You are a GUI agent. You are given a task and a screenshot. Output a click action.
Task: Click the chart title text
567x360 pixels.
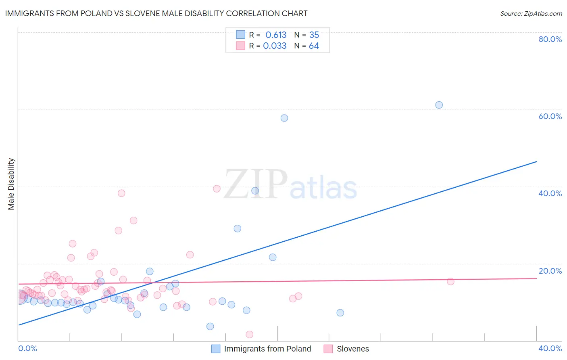(x=156, y=13)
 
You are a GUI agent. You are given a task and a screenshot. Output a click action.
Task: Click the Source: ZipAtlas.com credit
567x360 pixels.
(x=531, y=13)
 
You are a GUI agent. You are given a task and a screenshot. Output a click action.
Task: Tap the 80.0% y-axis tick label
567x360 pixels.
(x=550, y=39)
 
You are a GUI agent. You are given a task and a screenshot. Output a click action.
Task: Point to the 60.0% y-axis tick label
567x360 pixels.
(x=550, y=116)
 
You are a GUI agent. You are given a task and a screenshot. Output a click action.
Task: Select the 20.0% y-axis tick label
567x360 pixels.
(x=550, y=271)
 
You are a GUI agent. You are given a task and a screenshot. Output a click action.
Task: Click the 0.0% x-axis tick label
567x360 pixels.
(x=27, y=348)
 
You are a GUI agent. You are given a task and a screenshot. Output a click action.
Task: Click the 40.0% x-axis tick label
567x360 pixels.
(x=550, y=348)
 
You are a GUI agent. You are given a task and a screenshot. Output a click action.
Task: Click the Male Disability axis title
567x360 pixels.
(x=11, y=184)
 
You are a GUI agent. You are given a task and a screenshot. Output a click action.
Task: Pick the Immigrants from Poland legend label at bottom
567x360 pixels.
(x=267, y=349)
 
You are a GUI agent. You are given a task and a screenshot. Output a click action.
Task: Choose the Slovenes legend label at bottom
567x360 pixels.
(x=353, y=349)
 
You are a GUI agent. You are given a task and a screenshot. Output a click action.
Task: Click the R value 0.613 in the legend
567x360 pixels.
(x=276, y=35)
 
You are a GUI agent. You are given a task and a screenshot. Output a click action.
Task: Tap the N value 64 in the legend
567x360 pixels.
(x=314, y=46)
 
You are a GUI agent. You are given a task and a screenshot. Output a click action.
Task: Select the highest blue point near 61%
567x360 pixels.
(x=439, y=105)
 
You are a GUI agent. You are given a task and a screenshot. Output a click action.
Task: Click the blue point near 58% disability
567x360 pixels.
(x=284, y=118)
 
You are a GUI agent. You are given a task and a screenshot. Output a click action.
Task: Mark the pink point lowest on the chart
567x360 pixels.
(x=250, y=334)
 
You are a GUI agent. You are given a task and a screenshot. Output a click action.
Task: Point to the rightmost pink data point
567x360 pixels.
(x=450, y=281)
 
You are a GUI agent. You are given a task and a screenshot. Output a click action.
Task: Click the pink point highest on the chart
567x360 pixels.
(x=217, y=188)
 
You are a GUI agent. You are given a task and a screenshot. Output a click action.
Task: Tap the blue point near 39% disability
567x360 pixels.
(x=255, y=190)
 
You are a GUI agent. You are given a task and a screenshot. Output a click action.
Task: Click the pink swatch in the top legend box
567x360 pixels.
(x=241, y=46)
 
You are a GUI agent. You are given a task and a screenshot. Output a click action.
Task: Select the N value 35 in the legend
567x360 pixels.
(x=314, y=35)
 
